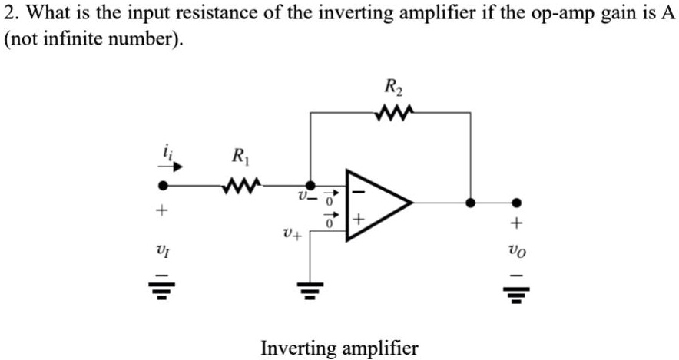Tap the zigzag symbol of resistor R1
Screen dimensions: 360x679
coord(242,185)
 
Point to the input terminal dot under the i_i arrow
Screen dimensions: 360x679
coord(163,186)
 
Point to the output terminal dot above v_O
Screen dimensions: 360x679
coord(517,203)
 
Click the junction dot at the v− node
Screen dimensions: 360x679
coord(310,185)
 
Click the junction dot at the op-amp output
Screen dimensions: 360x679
coord(470,203)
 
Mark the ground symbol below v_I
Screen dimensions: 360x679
coord(162,289)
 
